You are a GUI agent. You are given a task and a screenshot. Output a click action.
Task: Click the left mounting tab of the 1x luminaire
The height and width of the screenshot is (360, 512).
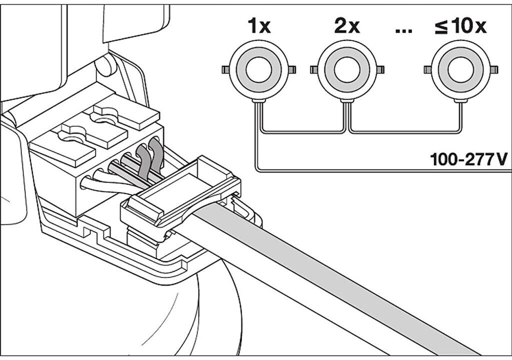coord(225,68)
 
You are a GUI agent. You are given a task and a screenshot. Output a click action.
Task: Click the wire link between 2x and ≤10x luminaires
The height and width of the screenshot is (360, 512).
coord(403,131)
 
